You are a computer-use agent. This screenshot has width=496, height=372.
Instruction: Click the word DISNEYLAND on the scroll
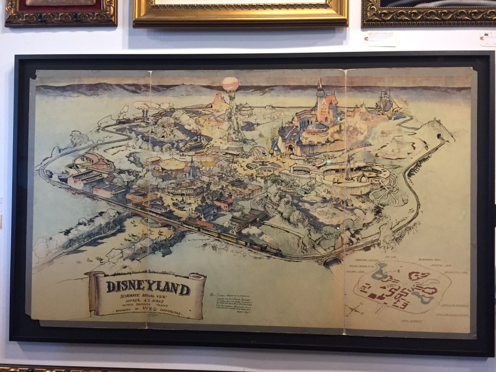[x=148, y=287]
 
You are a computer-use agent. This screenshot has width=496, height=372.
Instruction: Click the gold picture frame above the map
[x=240, y=12]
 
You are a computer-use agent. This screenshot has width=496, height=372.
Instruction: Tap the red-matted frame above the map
[x=61, y=12]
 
